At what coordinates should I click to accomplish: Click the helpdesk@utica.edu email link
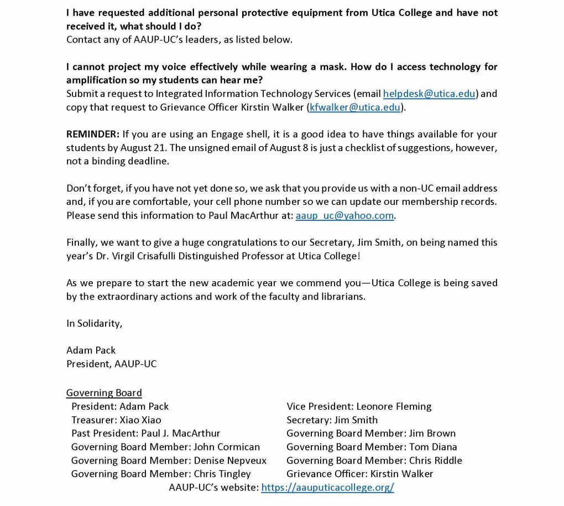pyautogui.click(x=429, y=94)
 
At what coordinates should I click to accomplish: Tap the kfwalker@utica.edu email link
pyautogui.click(x=355, y=107)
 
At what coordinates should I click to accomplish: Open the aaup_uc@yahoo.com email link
pyautogui.click(x=344, y=216)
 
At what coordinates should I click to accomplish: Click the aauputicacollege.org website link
pyautogui.click(x=327, y=487)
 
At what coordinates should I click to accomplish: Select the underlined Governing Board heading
pyautogui.click(x=104, y=393)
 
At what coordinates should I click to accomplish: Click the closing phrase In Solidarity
pyautogui.click(x=94, y=323)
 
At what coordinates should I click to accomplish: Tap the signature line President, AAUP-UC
pyautogui.click(x=111, y=364)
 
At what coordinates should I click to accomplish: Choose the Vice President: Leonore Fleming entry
pyautogui.click(x=359, y=406)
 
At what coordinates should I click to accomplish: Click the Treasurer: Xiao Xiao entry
pyautogui.click(x=116, y=420)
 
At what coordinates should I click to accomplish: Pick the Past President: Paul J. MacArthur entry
pyautogui.click(x=145, y=433)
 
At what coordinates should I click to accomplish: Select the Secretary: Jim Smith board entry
pyautogui.click(x=332, y=420)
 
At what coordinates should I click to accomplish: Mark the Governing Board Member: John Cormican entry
pyautogui.click(x=165, y=447)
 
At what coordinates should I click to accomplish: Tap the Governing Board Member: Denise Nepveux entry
pyautogui.click(x=169, y=461)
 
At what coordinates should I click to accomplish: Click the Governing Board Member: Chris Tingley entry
pyautogui.click(x=161, y=474)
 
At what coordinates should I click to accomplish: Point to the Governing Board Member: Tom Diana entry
pyautogui.click(x=372, y=447)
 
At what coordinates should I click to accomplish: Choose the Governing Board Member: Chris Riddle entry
pyautogui.click(x=374, y=461)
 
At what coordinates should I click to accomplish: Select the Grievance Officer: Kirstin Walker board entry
pyautogui.click(x=359, y=474)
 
